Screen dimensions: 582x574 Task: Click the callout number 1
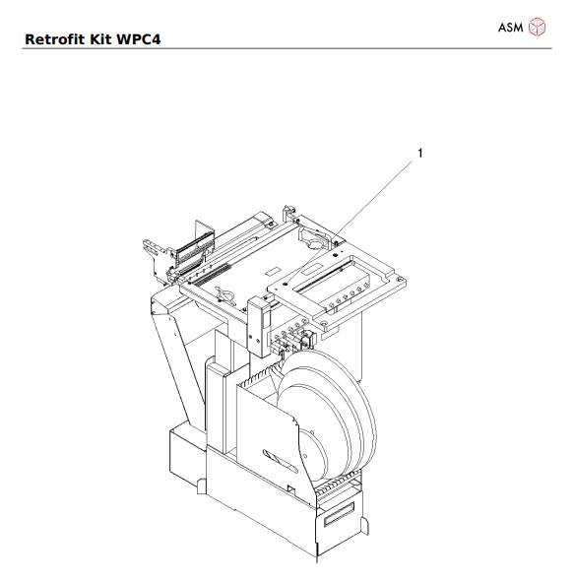click(x=420, y=153)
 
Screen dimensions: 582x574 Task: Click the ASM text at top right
click(x=510, y=27)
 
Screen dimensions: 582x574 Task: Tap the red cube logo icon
click(x=538, y=27)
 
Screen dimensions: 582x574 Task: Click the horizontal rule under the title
click(x=287, y=49)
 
